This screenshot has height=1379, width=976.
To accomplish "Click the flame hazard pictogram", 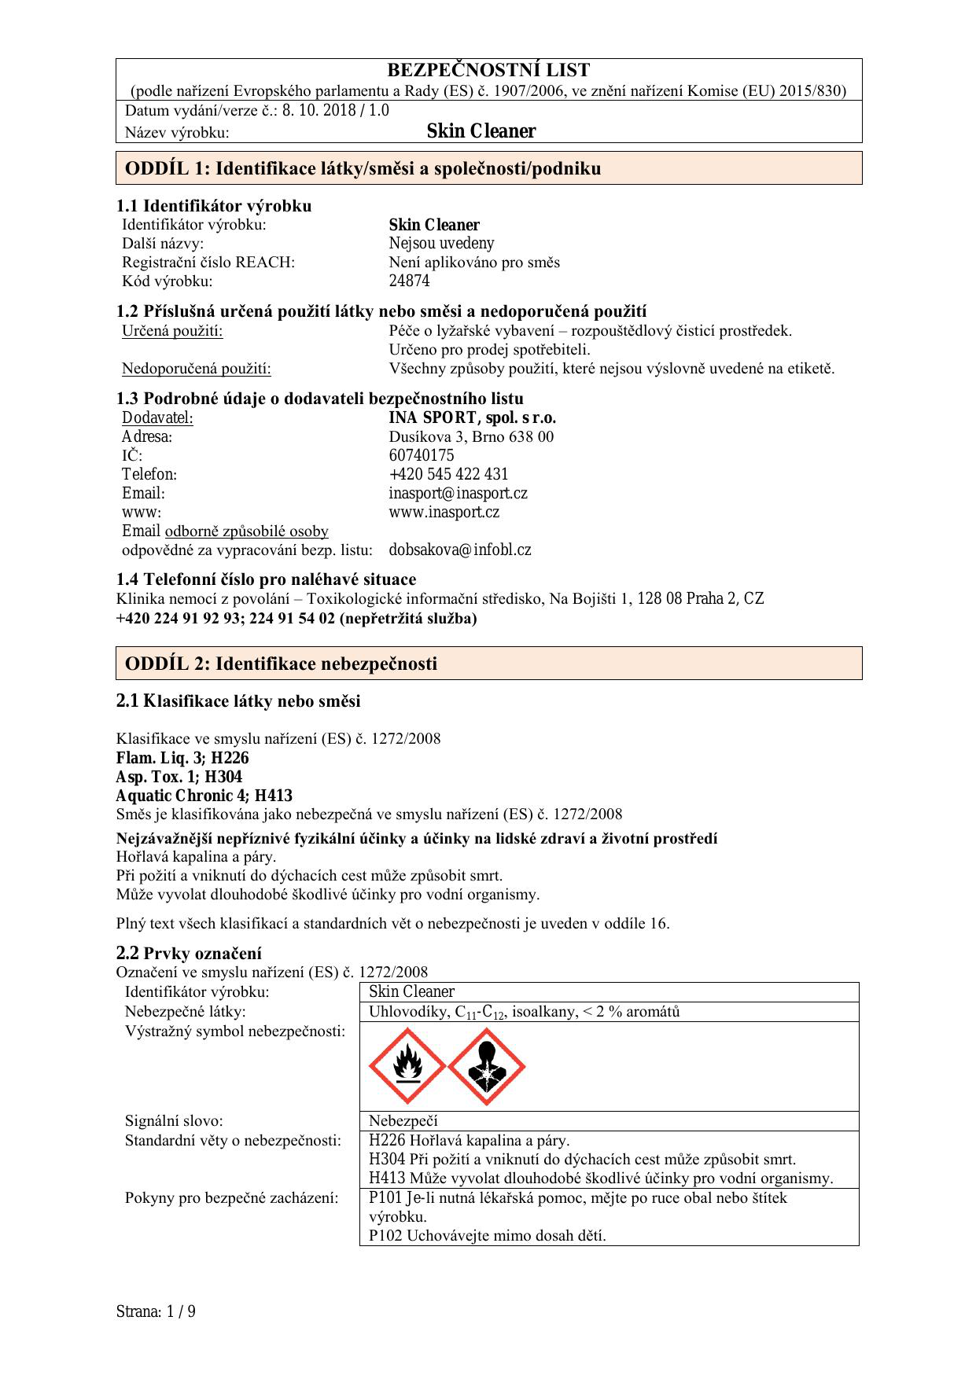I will point(407,1066).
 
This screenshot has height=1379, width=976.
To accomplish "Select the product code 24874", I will point(409,281).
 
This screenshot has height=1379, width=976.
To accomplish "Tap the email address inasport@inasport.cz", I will point(458,494).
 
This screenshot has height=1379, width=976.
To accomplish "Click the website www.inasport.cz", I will point(444,513).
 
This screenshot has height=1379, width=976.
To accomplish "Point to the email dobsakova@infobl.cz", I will point(459,550).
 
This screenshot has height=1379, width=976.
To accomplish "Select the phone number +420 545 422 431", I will point(448,475).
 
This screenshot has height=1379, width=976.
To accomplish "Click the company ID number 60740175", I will point(421,456).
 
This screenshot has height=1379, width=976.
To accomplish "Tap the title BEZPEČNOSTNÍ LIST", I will point(488,71).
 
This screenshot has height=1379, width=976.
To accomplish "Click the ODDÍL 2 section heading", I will point(281,664).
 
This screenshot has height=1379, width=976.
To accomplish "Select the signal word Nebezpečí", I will point(403,1121).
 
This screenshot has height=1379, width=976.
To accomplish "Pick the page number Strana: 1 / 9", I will point(156,1311).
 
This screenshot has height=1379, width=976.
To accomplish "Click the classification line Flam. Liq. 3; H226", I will point(182,759).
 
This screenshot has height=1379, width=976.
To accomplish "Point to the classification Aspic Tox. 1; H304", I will point(179,778).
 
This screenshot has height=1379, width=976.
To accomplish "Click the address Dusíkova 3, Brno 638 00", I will point(470,437).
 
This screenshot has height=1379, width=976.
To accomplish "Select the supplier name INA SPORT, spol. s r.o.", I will point(472,418).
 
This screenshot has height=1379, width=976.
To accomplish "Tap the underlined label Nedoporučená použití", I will point(197,369).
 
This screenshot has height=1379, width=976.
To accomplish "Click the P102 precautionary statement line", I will point(487,1236).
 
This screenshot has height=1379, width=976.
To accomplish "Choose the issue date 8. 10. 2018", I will point(315,111).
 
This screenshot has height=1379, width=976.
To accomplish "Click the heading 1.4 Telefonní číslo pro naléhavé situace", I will point(266,580).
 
